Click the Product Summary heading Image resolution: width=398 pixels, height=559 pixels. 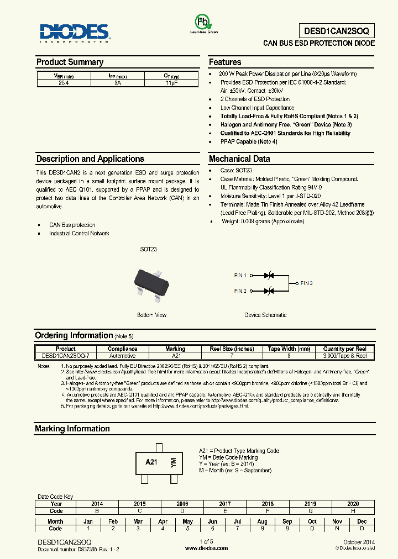point(70,62)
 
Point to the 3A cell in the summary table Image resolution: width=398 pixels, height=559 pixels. point(117,82)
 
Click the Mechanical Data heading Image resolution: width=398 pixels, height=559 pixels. point(239,159)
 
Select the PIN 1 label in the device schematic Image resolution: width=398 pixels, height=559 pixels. point(240,275)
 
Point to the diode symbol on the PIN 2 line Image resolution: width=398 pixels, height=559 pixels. point(269,291)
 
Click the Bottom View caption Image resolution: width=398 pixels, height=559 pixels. point(151,315)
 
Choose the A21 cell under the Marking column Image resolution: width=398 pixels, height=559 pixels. point(175,356)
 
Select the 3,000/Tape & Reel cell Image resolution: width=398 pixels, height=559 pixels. point(344,356)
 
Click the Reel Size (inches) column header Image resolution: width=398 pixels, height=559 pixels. point(232,349)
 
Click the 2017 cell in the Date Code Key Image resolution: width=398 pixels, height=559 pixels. point(225,504)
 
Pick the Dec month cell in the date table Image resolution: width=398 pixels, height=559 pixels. point(362,521)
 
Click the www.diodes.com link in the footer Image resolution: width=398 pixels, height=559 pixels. point(206,548)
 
